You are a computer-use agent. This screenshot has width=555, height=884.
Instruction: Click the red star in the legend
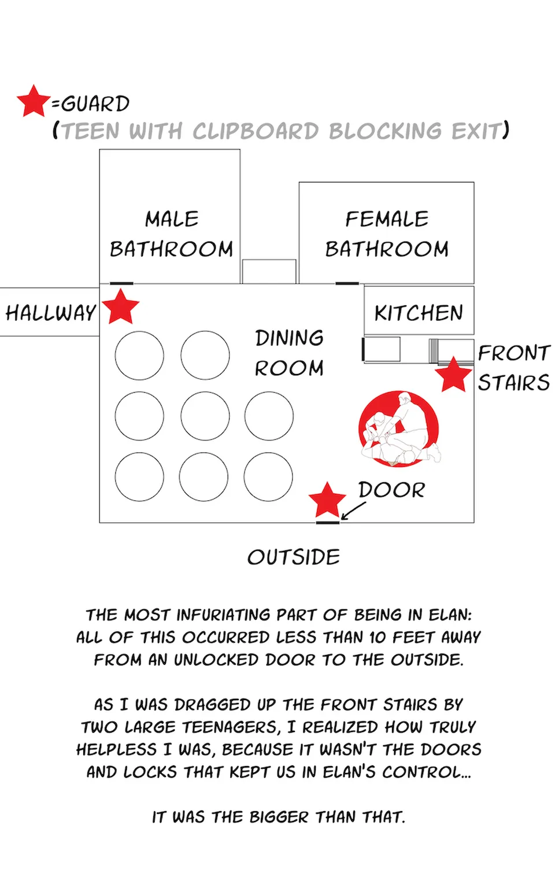point(34,101)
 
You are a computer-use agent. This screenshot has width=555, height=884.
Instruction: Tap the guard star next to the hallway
point(120,306)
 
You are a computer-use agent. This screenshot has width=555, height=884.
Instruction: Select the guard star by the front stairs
point(453,374)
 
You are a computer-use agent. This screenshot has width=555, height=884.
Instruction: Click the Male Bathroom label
point(171,234)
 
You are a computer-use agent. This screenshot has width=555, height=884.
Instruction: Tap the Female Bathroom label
point(387,234)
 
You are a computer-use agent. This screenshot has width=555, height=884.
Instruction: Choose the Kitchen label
point(419,313)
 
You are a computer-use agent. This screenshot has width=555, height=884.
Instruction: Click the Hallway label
point(50,313)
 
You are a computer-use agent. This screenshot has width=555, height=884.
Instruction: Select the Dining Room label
point(289,353)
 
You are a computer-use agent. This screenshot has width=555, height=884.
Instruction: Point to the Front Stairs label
point(514,368)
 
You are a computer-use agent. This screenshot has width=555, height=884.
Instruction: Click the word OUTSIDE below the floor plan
point(294,557)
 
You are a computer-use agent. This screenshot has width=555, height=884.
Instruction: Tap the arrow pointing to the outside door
point(353,511)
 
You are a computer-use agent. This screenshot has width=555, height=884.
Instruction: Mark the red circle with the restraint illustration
point(399,429)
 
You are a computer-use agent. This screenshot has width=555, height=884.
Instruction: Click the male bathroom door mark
point(121,283)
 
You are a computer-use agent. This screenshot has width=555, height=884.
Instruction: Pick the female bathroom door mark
point(347,283)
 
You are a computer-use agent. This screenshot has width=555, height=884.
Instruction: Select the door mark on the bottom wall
point(328,523)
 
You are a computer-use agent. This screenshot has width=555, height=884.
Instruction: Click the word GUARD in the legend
point(95,104)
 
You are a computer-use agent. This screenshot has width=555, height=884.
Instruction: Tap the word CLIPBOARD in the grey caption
point(256,131)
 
